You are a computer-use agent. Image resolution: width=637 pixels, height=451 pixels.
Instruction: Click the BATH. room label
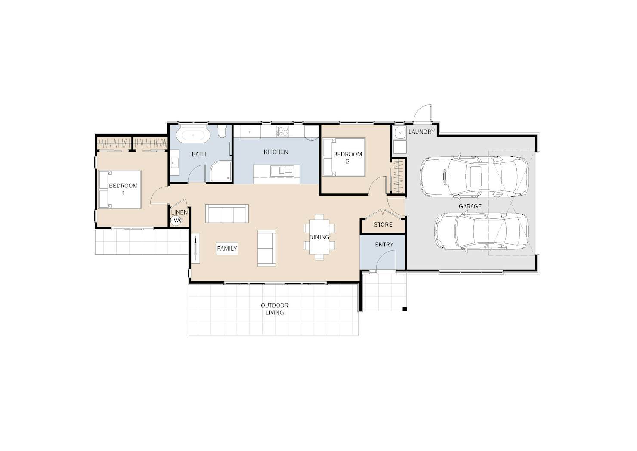click(199, 155)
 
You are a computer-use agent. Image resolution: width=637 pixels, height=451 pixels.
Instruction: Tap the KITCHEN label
click(276, 152)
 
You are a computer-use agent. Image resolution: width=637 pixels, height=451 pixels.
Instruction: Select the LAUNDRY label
click(421, 132)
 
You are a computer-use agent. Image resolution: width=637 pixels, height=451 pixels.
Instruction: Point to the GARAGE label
click(470, 206)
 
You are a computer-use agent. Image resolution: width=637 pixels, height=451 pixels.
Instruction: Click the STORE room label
click(383, 225)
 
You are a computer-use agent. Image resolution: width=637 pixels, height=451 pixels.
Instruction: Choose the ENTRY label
click(384, 244)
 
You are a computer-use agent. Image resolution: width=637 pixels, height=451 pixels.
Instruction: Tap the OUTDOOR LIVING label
click(275, 309)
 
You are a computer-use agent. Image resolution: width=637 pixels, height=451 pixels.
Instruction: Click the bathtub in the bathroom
click(193, 135)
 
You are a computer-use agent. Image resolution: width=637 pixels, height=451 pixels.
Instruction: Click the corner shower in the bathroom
click(221, 171)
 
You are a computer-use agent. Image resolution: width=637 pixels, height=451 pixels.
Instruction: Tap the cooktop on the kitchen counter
click(282, 131)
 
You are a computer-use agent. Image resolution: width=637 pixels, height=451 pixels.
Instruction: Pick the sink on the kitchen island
click(281, 171)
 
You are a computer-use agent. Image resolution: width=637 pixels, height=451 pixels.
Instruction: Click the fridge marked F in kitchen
click(250, 132)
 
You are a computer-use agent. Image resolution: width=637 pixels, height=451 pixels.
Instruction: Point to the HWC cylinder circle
click(176, 221)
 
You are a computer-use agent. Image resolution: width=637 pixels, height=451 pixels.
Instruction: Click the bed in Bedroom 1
click(120, 190)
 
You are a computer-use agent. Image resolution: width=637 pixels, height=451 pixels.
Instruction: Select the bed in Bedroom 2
click(344, 157)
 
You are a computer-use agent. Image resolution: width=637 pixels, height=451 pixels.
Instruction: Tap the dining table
click(319, 237)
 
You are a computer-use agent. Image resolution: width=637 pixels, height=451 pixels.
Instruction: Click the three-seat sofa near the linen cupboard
click(227, 213)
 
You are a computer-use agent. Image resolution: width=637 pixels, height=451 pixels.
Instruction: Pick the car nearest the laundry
click(474, 177)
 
